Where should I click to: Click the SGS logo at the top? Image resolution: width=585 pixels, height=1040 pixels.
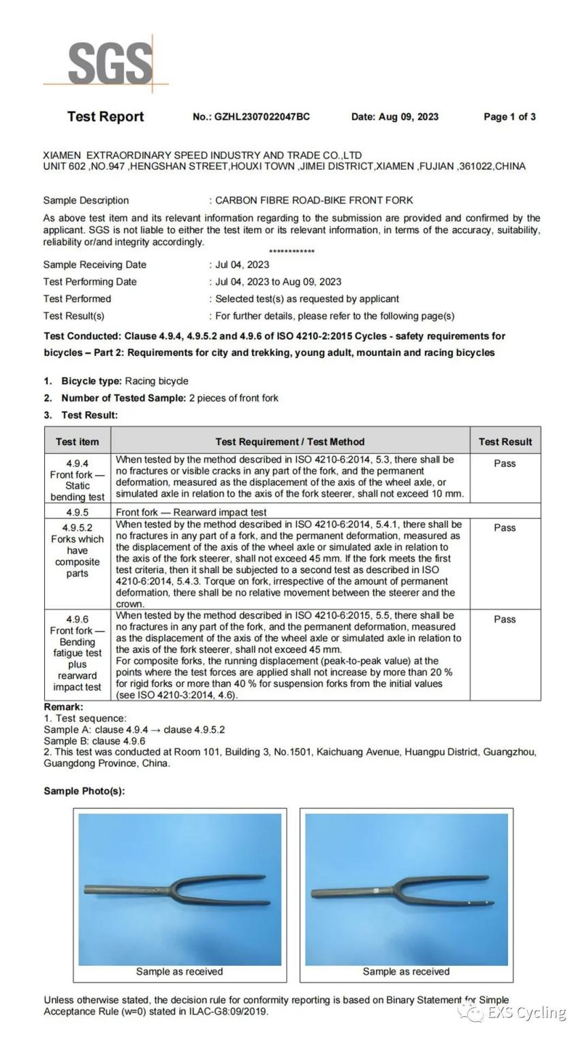click(109, 63)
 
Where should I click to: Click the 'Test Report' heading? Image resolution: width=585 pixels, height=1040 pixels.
click(106, 116)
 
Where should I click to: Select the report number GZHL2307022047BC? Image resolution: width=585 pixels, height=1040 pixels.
click(262, 116)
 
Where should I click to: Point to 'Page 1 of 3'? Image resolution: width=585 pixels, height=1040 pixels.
click(509, 116)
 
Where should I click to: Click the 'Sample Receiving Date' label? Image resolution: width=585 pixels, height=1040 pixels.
click(95, 265)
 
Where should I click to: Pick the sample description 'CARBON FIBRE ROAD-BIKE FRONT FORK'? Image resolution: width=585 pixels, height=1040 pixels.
click(314, 200)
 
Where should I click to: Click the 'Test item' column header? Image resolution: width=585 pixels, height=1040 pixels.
click(77, 442)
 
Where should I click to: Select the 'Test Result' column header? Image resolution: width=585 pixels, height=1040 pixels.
click(505, 442)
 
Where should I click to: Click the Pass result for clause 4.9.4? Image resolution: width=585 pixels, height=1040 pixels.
click(505, 464)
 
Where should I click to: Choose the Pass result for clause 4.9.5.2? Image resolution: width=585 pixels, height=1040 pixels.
click(505, 527)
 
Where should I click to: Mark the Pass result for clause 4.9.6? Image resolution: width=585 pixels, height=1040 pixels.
click(505, 619)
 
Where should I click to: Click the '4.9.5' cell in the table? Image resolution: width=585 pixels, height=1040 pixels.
click(77, 512)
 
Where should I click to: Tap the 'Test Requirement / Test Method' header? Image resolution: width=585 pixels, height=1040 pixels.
click(289, 442)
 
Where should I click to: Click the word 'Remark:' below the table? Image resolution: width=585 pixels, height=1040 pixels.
click(63, 707)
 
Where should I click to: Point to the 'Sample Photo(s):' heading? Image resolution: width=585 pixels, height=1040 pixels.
click(84, 791)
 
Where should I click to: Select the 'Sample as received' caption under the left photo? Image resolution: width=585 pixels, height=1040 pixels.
click(179, 971)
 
